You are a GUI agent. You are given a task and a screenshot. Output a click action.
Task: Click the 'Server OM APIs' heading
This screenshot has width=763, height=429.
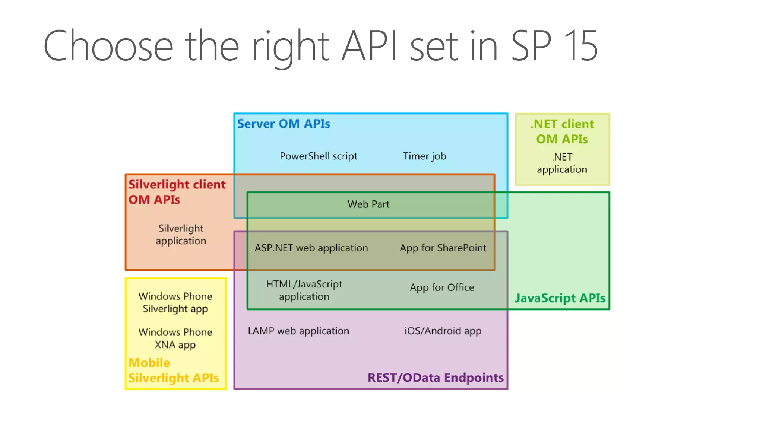[284, 124]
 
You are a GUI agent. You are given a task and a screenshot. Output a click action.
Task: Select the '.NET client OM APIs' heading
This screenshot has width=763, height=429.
[562, 131]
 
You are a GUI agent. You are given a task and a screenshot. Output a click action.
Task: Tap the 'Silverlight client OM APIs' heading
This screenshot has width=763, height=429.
[177, 192]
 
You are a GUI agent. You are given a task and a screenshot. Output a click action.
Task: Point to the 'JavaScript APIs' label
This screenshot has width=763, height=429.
[560, 298]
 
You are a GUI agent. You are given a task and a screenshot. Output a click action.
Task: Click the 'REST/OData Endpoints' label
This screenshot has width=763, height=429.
[436, 378]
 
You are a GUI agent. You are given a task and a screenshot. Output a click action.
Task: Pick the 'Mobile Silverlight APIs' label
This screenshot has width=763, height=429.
[174, 371]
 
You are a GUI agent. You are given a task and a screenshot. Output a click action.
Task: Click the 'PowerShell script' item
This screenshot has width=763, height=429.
[319, 156]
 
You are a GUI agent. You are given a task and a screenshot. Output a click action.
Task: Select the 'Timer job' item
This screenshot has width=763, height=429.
[425, 156]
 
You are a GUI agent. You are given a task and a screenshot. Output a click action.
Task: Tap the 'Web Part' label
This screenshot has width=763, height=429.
[368, 204]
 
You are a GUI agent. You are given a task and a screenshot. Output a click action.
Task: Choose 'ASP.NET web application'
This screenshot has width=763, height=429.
[311, 248]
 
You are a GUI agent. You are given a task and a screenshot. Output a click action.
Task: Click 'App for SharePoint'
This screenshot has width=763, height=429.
[443, 248]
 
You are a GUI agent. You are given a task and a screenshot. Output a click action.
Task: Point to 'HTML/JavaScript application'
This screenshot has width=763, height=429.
[304, 290]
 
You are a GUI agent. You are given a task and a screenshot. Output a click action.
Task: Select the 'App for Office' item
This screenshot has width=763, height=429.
[442, 287]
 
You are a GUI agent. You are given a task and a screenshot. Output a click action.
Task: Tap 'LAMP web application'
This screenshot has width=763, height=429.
[298, 331]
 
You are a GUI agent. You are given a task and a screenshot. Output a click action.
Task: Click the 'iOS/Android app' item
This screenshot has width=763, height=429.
[443, 331]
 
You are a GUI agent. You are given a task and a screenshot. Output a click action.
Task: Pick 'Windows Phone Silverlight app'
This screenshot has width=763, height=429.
[175, 303]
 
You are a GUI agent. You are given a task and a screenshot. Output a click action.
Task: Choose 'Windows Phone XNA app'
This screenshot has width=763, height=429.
[175, 339]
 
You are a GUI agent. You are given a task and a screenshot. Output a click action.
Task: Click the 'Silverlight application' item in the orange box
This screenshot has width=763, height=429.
[181, 235]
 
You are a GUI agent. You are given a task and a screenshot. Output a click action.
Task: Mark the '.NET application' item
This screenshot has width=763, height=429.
[562, 163]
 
